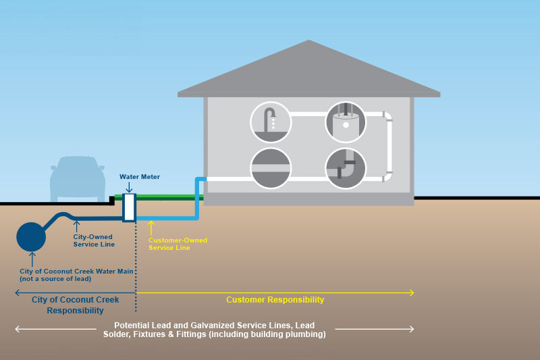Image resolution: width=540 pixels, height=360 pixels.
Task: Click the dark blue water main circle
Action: click(x=31, y=236)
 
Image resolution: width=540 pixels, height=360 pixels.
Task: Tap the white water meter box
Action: click(x=129, y=208)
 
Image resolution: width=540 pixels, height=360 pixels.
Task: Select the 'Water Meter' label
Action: click(x=140, y=176)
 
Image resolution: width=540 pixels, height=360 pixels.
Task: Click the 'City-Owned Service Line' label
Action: click(x=92, y=240)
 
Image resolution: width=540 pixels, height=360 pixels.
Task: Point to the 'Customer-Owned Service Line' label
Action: click(x=178, y=244)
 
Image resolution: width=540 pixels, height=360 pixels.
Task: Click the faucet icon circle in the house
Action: click(x=271, y=122)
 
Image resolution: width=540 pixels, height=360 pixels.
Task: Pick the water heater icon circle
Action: click(x=346, y=122)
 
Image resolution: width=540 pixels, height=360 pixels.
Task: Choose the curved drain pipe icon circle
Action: click(x=346, y=168)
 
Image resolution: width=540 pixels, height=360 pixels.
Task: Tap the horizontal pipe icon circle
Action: click(x=271, y=168)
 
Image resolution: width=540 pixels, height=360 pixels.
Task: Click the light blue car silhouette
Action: click(x=78, y=178)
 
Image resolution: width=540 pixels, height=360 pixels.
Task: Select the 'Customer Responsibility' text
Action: click(x=275, y=300)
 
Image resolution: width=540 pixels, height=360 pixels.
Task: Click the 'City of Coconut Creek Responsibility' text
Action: click(x=75, y=305)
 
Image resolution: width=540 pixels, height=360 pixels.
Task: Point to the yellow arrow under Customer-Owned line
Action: click(x=151, y=228)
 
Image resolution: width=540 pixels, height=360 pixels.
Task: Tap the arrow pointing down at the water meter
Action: click(x=129, y=187)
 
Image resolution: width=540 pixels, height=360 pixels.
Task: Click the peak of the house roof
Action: click(x=309, y=41)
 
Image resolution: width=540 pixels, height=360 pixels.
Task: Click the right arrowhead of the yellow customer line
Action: click(x=411, y=292)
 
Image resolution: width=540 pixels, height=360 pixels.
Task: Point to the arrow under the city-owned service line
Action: click(x=76, y=226)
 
